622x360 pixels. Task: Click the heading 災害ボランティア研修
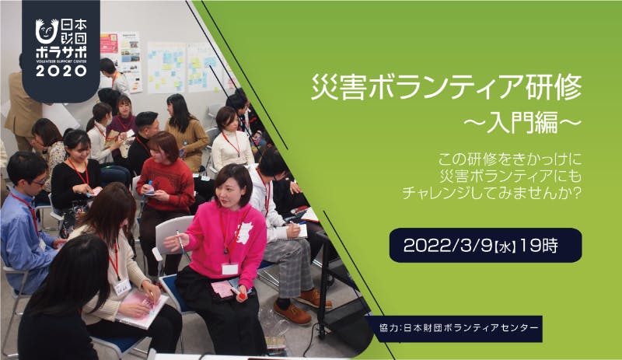click(446, 87)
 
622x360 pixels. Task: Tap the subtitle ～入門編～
click(522, 123)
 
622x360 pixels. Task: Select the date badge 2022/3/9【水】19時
click(485, 245)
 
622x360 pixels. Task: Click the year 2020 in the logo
click(61, 71)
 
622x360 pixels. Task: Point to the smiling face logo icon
click(47, 31)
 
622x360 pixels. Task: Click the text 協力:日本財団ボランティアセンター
click(459, 328)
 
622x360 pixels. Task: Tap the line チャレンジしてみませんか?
click(492, 194)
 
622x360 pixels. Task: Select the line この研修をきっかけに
click(510, 159)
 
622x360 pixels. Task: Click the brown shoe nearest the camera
click(292, 313)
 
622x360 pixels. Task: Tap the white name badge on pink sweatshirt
click(229, 269)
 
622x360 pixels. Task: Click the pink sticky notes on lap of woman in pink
click(223, 288)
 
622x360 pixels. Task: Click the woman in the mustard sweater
click(186, 131)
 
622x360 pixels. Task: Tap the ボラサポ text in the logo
click(61, 53)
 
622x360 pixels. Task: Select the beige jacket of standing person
click(23, 104)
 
